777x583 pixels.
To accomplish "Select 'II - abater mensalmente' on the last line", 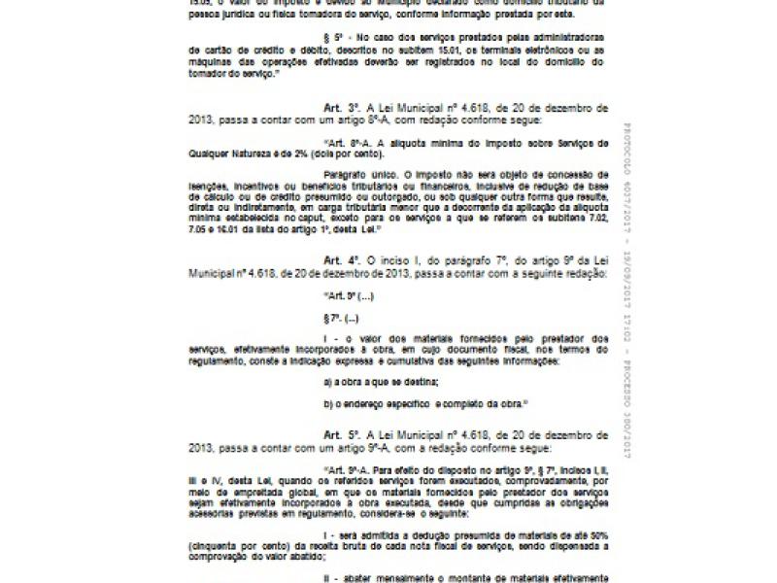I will [379, 578].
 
